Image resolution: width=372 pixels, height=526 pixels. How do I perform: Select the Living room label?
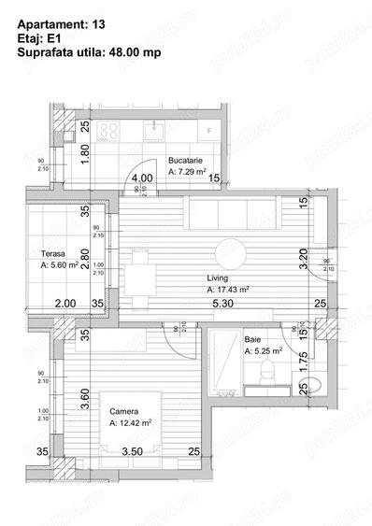[x=219, y=277]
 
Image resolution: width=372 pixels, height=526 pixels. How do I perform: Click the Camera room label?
[x=124, y=411]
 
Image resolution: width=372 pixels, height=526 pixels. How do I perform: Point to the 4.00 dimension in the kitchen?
[x=142, y=178]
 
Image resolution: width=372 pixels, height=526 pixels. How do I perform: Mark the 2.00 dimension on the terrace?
[x=64, y=304]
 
